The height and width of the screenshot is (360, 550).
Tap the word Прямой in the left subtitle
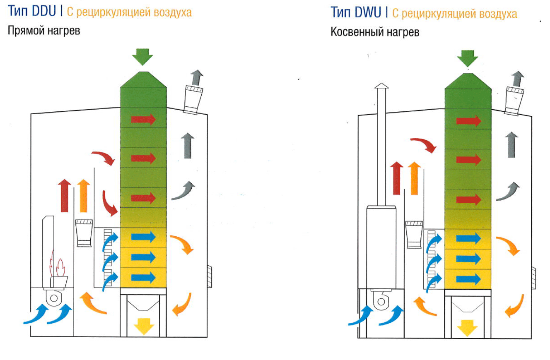tap(26, 31)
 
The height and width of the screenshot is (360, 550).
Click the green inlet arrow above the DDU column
tap(142, 57)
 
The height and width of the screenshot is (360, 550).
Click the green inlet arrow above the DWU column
tap(468, 58)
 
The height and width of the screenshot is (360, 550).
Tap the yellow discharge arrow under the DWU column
tap(468, 328)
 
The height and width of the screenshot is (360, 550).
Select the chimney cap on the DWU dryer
tap(381, 86)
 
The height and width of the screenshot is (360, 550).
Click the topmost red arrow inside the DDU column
tap(143, 120)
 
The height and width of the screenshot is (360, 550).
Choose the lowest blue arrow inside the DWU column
tap(468, 280)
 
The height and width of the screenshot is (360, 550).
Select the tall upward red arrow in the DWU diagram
tap(396, 178)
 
